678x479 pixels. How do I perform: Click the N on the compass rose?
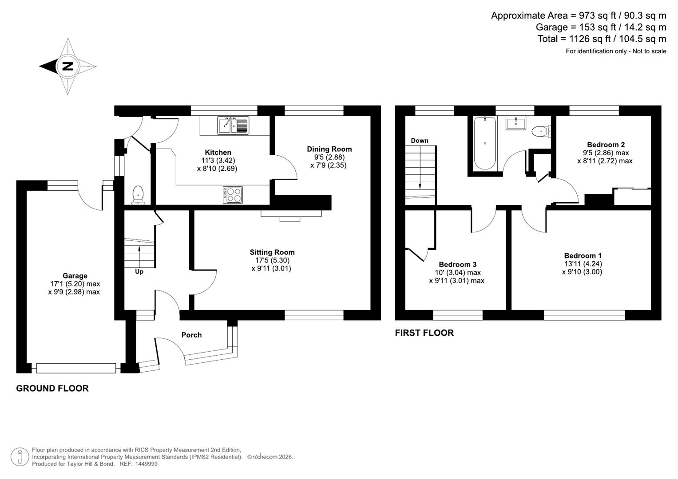point(67,67)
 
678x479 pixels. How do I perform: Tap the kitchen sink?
point(233,125)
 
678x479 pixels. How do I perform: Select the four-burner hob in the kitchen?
point(233,195)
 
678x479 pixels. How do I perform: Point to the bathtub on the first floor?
point(484,143)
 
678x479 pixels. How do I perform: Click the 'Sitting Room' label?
point(272,252)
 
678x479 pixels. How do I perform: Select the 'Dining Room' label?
point(329,149)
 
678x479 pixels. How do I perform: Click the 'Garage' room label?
point(75,276)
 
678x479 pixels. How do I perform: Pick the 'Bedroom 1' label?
point(583,255)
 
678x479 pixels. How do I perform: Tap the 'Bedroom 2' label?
point(606,145)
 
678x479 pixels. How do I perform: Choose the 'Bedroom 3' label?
point(457,264)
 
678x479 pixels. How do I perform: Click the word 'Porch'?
point(191,335)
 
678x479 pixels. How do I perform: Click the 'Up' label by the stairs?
point(139,271)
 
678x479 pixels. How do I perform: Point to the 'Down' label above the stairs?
point(419,141)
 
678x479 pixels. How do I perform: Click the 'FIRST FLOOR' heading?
point(424,333)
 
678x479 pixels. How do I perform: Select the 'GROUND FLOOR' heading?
point(52,388)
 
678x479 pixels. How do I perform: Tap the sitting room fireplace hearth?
point(291,214)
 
